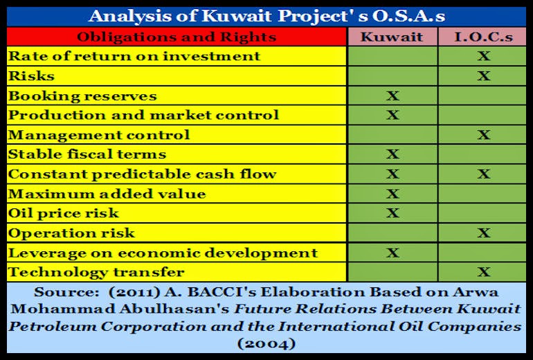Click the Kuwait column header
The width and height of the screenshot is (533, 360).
click(392, 37)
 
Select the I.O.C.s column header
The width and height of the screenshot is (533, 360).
click(483, 37)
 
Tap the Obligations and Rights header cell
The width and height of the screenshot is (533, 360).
click(177, 37)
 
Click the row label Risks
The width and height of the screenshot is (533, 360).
click(30, 75)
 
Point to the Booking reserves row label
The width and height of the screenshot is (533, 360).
click(82, 96)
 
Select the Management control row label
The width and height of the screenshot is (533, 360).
click(98, 134)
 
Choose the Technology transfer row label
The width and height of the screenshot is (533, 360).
click(96, 272)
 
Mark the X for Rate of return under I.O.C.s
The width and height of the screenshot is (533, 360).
click(483, 56)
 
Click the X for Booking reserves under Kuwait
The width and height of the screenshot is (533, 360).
click(392, 96)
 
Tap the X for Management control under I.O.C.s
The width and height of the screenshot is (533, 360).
click(483, 134)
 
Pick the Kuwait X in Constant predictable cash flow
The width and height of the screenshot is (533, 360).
click(392, 174)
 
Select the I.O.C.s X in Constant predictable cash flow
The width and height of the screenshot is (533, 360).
click(483, 174)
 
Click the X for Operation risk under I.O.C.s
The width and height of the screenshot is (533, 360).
click(483, 233)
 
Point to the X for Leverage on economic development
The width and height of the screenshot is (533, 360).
click(392, 253)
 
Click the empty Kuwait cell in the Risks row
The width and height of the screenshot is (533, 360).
click(392, 75)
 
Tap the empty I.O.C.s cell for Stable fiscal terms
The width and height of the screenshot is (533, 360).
click(483, 154)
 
